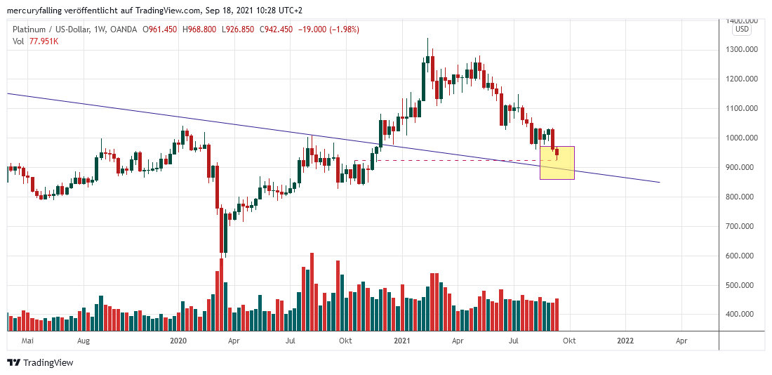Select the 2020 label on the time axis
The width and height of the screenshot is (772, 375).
[179, 341]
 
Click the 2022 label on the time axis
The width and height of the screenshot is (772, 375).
[625, 341]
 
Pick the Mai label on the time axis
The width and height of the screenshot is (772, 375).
[28, 341]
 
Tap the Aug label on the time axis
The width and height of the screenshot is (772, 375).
[84, 341]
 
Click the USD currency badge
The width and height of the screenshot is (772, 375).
[742, 29]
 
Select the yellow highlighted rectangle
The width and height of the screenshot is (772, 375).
[557, 162]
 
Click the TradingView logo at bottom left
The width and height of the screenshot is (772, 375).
[40, 362]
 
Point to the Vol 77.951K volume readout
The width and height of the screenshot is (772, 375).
[35, 41]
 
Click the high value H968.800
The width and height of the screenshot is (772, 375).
[201, 29]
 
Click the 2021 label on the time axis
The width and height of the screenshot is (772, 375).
[402, 341]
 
